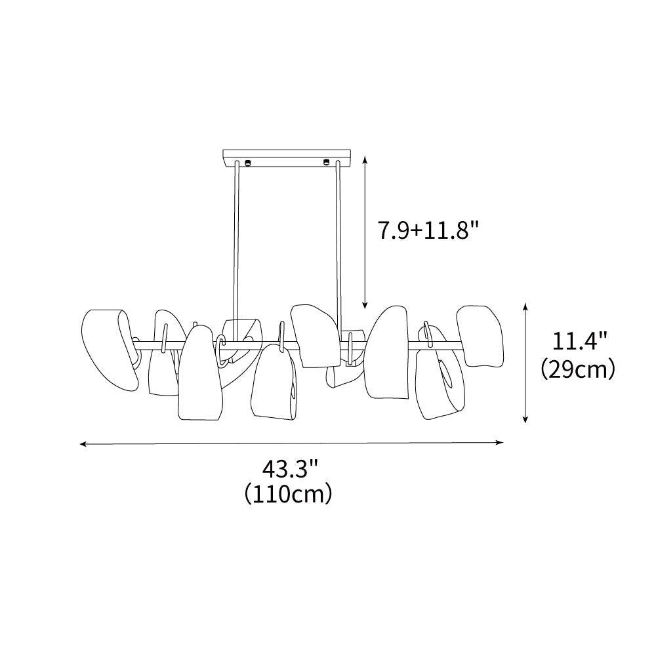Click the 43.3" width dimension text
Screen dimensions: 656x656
pyautogui.click(x=291, y=470)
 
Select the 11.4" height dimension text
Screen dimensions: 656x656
pyautogui.click(x=579, y=341)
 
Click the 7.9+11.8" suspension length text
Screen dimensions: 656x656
pyautogui.click(x=428, y=230)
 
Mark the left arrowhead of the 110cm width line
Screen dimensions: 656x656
pyautogui.click(x=83, y=444)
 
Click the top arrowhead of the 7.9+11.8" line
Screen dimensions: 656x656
pyautogui.click(x=365, y=159)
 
